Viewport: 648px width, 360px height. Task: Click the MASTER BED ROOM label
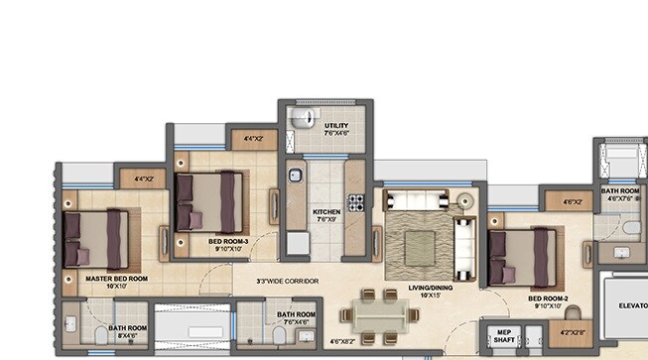pos(116,280)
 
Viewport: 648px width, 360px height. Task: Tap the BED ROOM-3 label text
pos(228,241)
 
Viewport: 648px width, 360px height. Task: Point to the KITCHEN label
pos(326,212)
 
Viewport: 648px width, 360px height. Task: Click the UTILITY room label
pos(336,126)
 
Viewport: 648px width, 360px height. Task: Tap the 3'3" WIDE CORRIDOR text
pos(288,282)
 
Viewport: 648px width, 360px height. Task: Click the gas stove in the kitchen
pos(354,202)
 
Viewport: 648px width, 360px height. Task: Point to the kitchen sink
pos(295,178)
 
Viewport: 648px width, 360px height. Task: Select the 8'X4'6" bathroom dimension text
pos(128,336)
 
